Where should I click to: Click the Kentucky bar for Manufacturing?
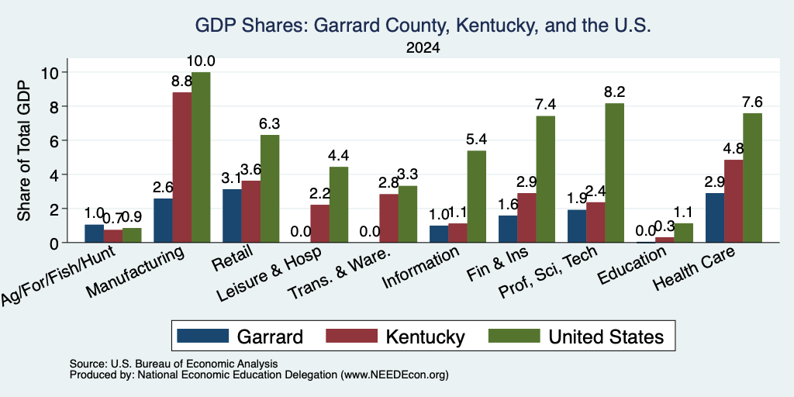coord(181,167)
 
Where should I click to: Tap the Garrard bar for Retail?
coord(232,216)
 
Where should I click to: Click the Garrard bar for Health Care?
coord(714,218)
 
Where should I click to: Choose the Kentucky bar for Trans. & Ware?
coord(389,218)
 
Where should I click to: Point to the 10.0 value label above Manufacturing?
coord(201,61)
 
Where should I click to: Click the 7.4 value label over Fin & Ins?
coord(545,105)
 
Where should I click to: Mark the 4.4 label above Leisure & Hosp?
coord(338,155)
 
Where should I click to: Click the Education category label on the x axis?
coord(631,266)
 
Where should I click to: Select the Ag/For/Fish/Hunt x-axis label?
coord(58,275)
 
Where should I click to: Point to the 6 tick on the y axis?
coord(55,140)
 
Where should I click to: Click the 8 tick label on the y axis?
coord(55,106)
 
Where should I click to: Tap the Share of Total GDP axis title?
coord(24,150)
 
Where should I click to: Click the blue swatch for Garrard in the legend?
coord(202,336)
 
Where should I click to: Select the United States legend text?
coord(606,337)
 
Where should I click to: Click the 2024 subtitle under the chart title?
coord(423,48)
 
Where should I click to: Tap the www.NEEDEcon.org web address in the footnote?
coord(395,375)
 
